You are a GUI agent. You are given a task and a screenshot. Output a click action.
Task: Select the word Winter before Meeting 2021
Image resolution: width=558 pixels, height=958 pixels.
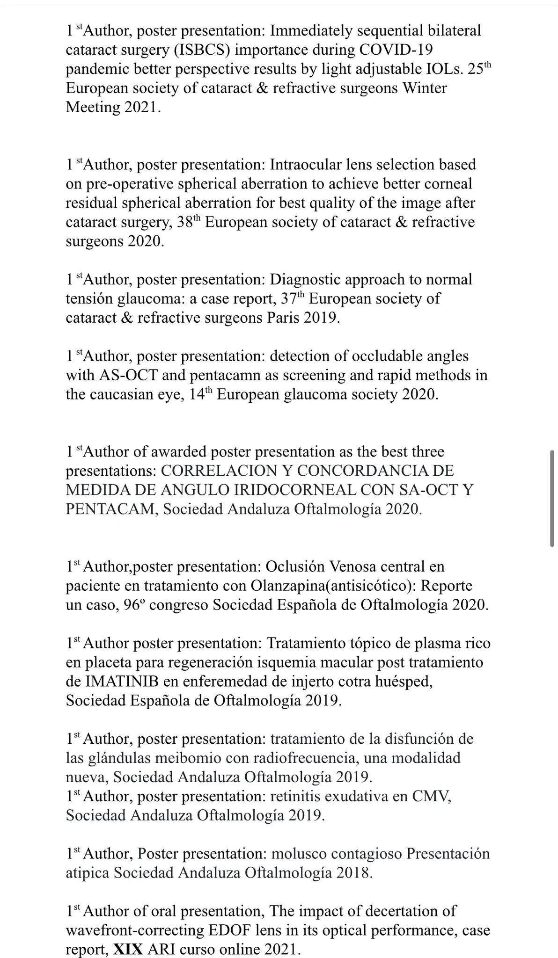point(425,88)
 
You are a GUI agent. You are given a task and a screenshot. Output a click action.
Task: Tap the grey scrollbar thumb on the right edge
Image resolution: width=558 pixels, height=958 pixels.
point(552,498)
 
